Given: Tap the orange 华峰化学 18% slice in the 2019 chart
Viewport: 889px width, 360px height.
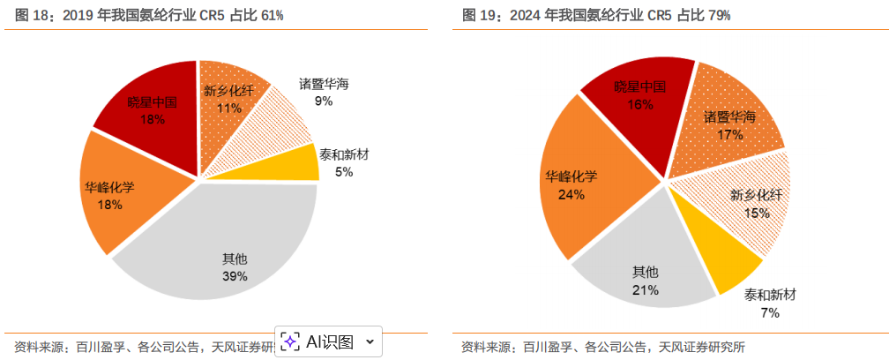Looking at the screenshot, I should click(x=123, y=199).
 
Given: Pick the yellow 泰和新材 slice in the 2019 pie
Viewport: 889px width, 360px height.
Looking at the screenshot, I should click(x=291, y=163).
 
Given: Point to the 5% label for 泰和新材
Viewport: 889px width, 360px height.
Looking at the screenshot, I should click(x=344, y=172).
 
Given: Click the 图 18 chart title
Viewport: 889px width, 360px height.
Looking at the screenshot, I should click(x=150, y=15).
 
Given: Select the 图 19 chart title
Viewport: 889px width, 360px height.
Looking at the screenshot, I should click(x=596, y=15).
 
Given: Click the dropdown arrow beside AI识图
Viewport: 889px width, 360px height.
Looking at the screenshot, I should click(x=370, y=341).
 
